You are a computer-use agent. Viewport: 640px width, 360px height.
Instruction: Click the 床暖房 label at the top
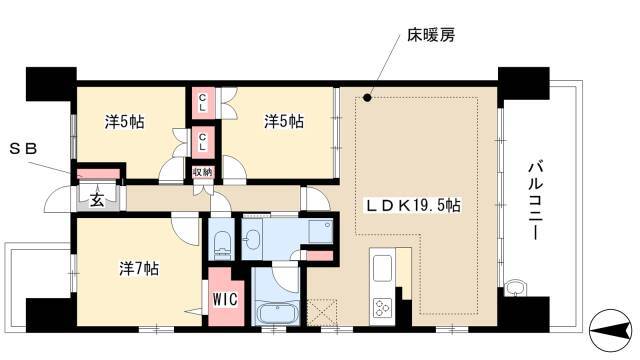click(x=431, y=36)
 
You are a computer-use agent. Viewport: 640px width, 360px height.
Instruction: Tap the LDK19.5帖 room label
click(x=412, y=205)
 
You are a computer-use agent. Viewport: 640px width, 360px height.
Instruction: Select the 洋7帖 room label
click(x=139, y=269)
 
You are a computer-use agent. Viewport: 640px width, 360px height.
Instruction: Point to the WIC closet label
click(x=225, y=299)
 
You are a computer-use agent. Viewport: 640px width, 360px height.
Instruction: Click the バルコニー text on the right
click(x=536, y=201)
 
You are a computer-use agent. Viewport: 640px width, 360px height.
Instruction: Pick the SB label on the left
click(x=23, y=149)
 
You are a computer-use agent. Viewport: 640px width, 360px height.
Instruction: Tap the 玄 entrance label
click(x=97, y=200)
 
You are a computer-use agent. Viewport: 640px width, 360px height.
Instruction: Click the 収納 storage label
click(x=203, y=172)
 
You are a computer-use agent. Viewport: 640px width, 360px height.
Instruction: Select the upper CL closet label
click(x=202, y=103)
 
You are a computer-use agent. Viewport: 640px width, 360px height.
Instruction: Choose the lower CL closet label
click(x=202, y=142)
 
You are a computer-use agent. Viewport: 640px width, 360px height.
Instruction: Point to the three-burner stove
click(x=382, y=308)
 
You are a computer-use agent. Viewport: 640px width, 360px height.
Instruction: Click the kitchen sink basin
click(x=382, y=268)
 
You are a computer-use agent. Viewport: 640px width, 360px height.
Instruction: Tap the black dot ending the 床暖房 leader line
click(x=367, y=98)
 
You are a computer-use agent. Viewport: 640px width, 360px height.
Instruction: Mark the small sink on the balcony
click(x=516, y=288)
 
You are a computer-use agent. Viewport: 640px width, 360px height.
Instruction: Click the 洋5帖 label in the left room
click(x=124, y=122)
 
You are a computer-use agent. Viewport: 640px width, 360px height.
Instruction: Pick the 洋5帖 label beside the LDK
click(x=284, y=122)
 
